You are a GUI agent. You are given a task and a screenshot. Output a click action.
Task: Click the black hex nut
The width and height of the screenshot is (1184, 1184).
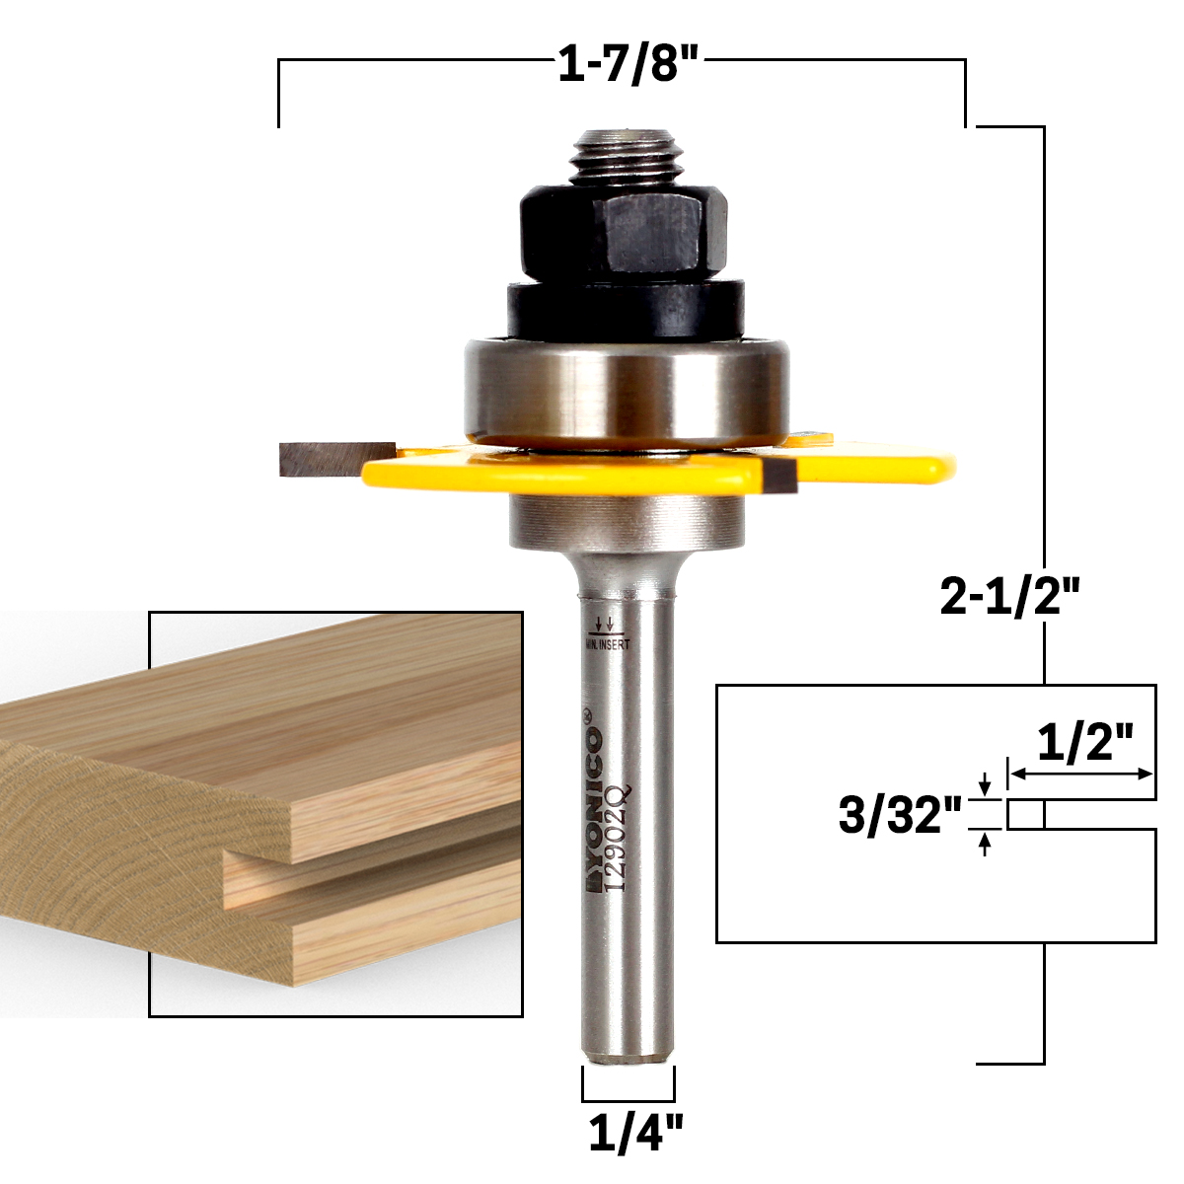(625, 234)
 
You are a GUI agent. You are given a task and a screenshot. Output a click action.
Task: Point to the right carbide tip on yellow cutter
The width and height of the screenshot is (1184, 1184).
(779, 478)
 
